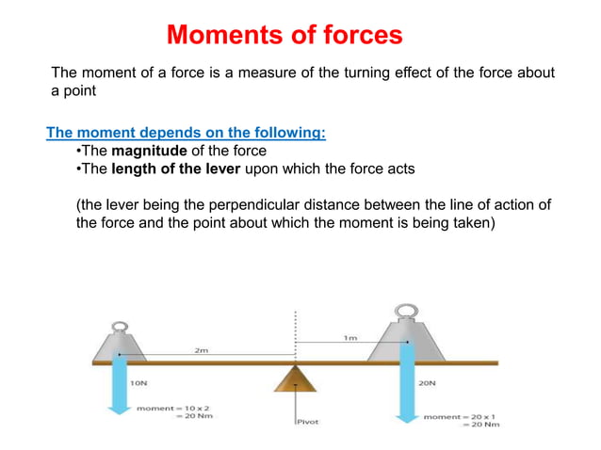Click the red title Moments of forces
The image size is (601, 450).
pyautogui.click(x=284, y=36)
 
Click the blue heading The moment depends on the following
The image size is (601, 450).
pyautogui.click(x=187, y=133)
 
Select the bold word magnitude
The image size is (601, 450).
pyautogui.click(x=150, y=151)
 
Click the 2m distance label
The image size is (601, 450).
pyautogui.click(x=202, y=350)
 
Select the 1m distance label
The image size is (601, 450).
pyautogui.click(x=350, y=337)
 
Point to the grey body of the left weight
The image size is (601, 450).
pyautogui.click(x=120, y=344)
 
